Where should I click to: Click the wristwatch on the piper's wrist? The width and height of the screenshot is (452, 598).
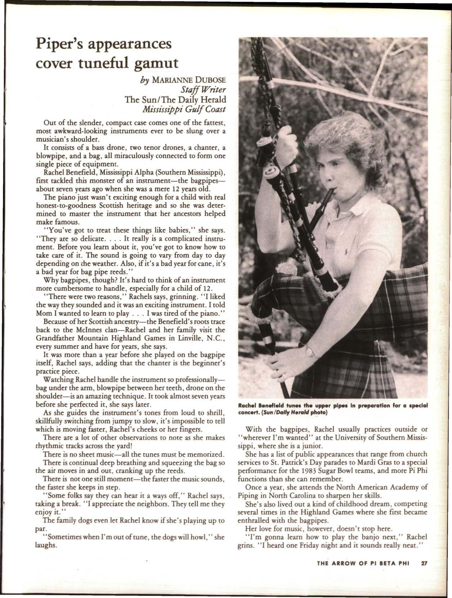308,350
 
